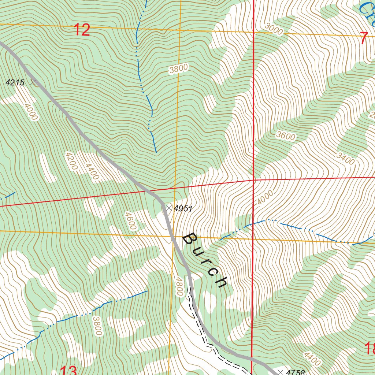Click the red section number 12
click(82, 30)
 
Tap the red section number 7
click(363, 38)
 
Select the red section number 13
click(68, 371)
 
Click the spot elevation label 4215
click(15, 83)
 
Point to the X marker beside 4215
click(33, 83)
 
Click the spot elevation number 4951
click(183, 209)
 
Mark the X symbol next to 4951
click(168, 208)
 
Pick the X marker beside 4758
click(281, 372)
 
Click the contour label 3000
click(274, 30)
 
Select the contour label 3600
click(286, 136)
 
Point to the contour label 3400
click(345, 159)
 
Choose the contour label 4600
click(130, 221)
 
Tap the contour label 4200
click(71, 161)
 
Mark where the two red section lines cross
click(253, 180)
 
